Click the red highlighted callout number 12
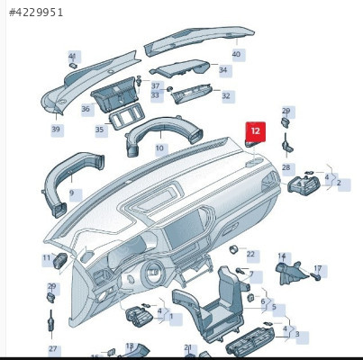point(256,131)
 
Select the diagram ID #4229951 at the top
point(36,13)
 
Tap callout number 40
point(236,54)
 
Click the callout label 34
point(222,70)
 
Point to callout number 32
point(226,95)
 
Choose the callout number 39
point(56,130)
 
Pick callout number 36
point(86,109)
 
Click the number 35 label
point(100,130)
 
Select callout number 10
point(159,148)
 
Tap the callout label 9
point(71,193)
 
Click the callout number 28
point(286,167)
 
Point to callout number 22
point(250,255)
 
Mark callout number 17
point(318,268)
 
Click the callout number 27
point(53,349)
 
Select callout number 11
point(47,257)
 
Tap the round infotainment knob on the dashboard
point(153,274)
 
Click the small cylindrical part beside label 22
point(233,249)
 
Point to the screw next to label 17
point(317,277)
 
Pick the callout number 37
point(155,86)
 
